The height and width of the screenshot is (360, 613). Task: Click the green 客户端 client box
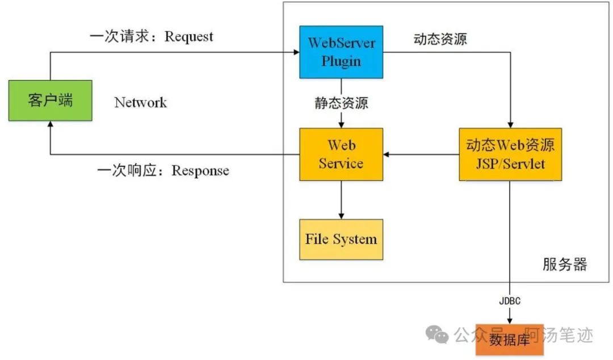pos(51,101)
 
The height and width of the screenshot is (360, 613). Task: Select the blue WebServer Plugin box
pos(341,52)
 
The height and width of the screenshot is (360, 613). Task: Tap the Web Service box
pos(341,154)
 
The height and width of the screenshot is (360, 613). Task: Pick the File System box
pos(341,240)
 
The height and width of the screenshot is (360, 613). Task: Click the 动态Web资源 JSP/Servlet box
pos(510,154)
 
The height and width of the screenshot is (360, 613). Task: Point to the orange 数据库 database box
pos(509,340)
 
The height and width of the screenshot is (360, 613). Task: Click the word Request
pos(189,37)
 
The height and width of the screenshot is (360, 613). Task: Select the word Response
pos(200,171)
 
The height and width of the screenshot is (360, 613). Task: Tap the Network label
pos(140,103)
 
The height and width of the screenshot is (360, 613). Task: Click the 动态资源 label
pos(440,39)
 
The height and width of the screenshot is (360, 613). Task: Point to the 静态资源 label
pos(341,103)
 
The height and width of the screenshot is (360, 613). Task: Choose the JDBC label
pos(510,301)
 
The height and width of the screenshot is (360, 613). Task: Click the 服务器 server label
pos(565,265)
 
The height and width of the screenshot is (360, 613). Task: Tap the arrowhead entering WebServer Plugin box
pos(297,52)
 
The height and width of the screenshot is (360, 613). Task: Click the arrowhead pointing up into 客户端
pos(51,124)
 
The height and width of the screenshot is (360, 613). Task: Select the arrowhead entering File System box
pos(341,216)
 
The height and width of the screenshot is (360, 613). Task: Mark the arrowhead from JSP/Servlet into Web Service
pos(387,154)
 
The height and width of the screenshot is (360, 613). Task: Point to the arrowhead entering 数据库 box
pos(509,321)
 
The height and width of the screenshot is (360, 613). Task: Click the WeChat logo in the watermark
pos(436,334)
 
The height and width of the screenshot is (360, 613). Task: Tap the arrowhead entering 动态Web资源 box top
pos(510,125)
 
